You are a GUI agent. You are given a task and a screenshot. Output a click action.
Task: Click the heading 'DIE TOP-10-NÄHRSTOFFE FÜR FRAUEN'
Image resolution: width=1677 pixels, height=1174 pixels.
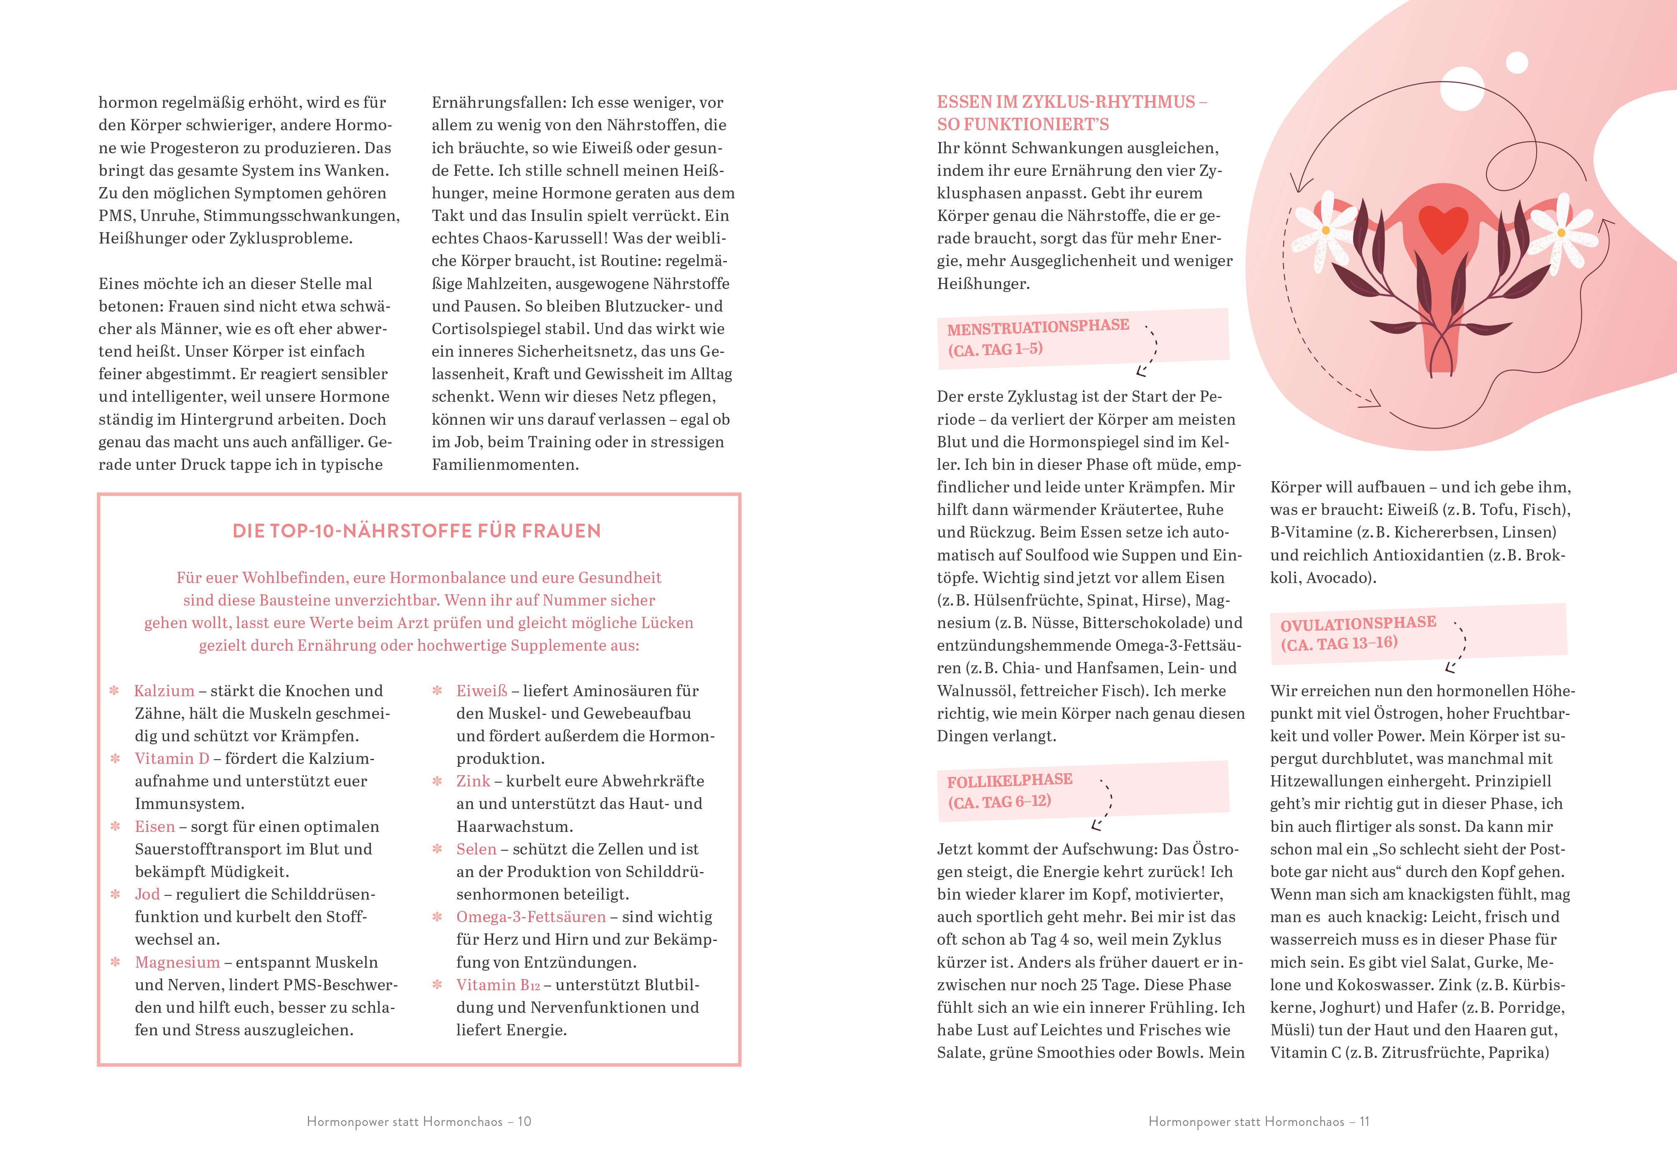click(416, 531)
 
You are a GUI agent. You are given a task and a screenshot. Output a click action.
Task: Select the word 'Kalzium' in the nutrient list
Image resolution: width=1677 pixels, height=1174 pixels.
click(165, 691)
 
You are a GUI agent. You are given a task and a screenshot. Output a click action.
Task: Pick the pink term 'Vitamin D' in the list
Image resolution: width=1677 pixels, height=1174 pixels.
click(172, 759)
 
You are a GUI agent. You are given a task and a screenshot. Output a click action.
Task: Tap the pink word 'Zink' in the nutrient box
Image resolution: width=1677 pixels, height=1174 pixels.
click(473, 782)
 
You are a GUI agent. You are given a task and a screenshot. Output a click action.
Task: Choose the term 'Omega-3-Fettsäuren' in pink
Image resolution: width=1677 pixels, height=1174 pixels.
click(531, 918)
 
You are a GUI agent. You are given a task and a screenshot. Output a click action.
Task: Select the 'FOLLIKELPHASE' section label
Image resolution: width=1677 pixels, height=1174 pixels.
click(1009, 780)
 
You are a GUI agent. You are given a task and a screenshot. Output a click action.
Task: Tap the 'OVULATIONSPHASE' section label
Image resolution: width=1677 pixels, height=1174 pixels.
click(1358, 623)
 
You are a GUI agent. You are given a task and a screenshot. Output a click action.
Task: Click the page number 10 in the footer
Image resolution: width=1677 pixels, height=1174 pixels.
click(524, 1121)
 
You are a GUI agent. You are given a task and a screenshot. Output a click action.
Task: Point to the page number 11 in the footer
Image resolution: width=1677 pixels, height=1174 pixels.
click(1364, 1121)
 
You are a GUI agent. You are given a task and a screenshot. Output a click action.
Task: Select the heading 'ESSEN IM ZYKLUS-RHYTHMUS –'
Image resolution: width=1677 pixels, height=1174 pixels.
click(1072, 102)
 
